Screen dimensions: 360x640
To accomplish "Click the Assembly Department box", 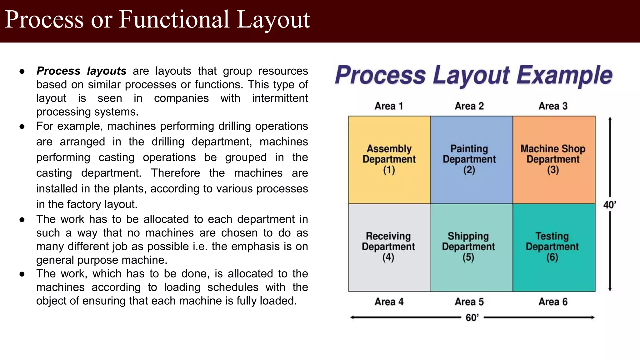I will pyautogui.click(x=389, y=160).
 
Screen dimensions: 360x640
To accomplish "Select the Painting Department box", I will pyautogui.click(x=472, y=160).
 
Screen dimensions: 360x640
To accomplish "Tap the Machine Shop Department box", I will pyautogui.click(x=554, y=160).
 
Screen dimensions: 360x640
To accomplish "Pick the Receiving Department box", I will pyautogui.click(x=389, y=247).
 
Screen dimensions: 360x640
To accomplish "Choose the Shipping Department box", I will pyautogui.click(x=472, y=247).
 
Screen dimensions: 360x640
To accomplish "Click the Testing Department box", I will pyautogui.click(x=554, y=247).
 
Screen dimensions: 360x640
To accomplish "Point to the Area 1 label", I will pyautogui.click(x=389, y=106).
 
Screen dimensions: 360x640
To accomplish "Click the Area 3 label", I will pyautogui.click(x=553, y=106).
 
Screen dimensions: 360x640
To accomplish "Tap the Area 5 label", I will pyautogui.click(x=469, y=302).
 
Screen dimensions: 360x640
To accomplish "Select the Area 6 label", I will pyautogui.click(x=553, y=302).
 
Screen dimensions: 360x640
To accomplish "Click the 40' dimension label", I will pyautogui.click(x=609, y=205).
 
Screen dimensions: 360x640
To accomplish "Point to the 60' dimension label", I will pyautogui.click(x=472, y=318).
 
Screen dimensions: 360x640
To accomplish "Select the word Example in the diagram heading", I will pyautogui.click(x=564, y=75).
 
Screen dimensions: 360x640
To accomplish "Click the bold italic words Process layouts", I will pyautogui.click(x=81, y=71).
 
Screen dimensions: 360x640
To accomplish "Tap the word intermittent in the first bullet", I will pyautogui.click(x=280, y=98).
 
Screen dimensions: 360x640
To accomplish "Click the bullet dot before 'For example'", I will pyautogui.click(x=22, y=127).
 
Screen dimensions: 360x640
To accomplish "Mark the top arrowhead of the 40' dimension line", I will pyautogui.click(x=610, y=119).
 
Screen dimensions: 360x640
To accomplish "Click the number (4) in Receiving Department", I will pyautogui.click(x=388, y=257).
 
